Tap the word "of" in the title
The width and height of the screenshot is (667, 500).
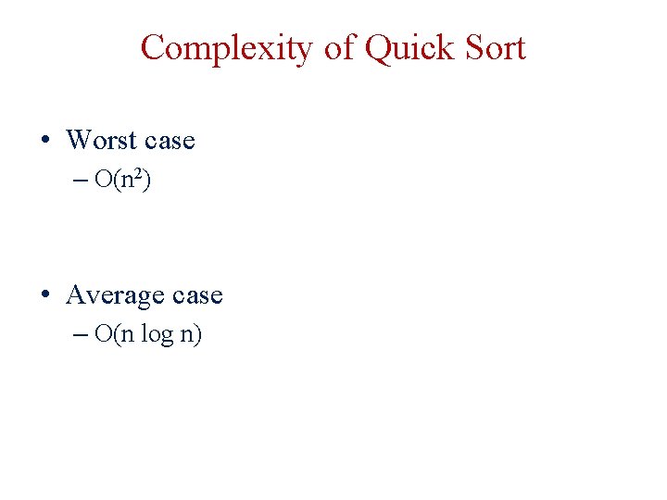coord(339,47)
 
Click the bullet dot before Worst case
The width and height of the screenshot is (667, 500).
coord(44,141)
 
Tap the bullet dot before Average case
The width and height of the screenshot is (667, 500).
coord(44,295)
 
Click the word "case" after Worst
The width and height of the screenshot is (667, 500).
coord(169,141)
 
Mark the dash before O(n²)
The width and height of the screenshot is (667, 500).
coord(81,181)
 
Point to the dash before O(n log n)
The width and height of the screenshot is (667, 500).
coord(81,335)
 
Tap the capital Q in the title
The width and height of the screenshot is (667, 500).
coord(379,47)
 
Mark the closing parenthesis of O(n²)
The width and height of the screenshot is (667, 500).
coord(146,181)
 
